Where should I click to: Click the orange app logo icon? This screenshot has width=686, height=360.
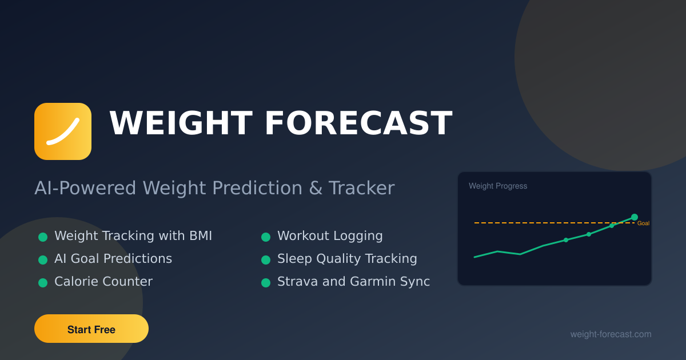click(63, 131)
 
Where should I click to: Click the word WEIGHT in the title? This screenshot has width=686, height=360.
click(180, 123)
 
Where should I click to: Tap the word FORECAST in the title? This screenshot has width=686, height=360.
click(358, 123)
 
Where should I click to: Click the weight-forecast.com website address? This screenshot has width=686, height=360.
click(611, 334)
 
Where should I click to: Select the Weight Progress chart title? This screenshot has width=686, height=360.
click(498, 186)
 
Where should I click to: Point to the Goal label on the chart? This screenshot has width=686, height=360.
click(643, 223)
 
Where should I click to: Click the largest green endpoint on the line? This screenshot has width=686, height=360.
click(635, 217)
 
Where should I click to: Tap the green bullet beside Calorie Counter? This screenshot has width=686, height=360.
click(43, 282)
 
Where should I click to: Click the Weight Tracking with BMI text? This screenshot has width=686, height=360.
click(133, 235)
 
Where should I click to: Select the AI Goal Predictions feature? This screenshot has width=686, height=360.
click(113, 258)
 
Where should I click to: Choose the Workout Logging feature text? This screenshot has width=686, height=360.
click(330, 235)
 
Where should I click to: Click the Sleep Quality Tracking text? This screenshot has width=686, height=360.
click(347, 258)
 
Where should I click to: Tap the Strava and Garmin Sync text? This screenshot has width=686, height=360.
click(353, 281)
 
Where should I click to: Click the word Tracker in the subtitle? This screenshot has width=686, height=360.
click(362, 188)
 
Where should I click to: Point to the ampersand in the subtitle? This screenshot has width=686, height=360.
click(316, 188)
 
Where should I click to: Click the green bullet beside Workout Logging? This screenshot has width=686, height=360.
click(266, 237)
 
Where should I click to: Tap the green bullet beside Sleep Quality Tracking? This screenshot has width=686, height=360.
click(266, 259)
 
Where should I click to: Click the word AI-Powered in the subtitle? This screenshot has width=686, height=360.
click(86, 188)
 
